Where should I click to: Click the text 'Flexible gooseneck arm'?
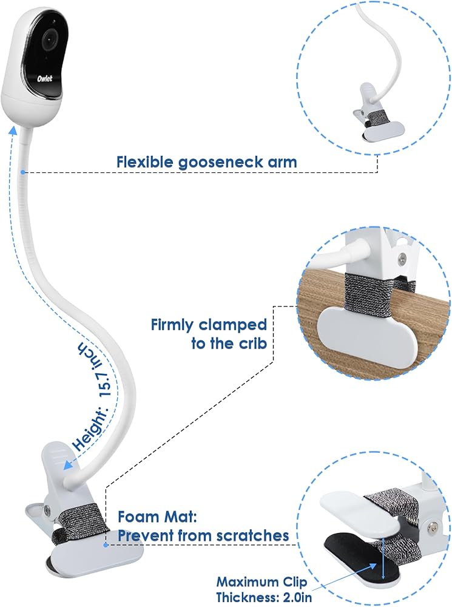207,162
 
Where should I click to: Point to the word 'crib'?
252,344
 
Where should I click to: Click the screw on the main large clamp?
47,506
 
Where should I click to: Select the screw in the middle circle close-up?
402,259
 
